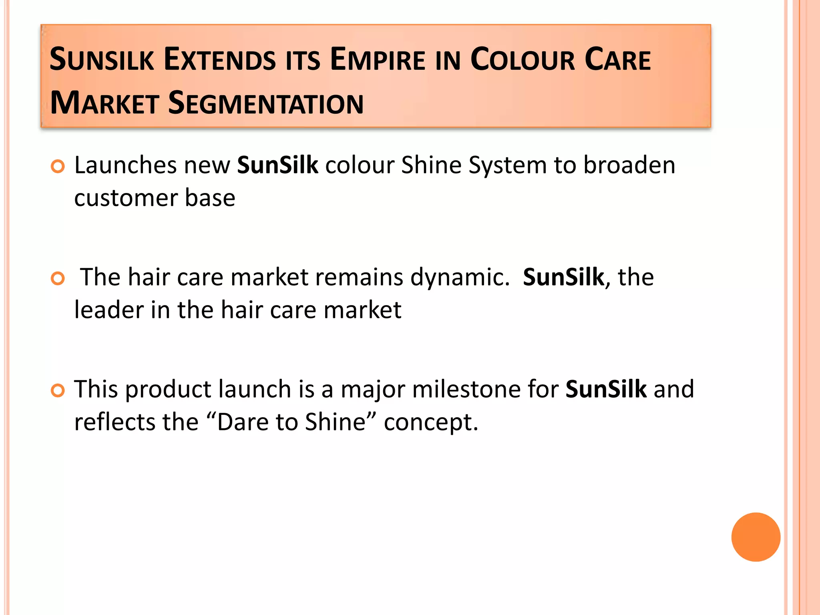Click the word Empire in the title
[378, 60]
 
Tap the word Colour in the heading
[522, 60]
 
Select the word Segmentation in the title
[265, 103]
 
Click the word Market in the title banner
[105, 103]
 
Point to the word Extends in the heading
[219, 60]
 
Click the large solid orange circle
[756, 537]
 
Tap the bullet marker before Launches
[58, 166]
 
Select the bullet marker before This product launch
[58, 390]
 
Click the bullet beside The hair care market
[58, 278]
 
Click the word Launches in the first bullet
[125, 165]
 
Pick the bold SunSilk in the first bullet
[277, 165]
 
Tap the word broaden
[629, 165]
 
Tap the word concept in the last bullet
[431, 423]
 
